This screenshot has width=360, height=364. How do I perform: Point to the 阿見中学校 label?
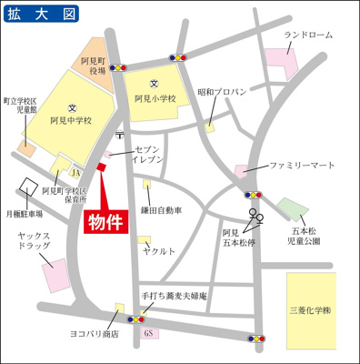click(72, 118)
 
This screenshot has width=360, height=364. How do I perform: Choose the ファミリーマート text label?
click(296, 167)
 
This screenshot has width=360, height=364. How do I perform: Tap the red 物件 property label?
click(106, 221)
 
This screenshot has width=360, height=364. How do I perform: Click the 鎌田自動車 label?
click(161, 209)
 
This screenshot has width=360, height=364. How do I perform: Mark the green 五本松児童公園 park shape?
click(290, 213)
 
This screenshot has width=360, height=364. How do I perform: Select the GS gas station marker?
click(146, 334)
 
